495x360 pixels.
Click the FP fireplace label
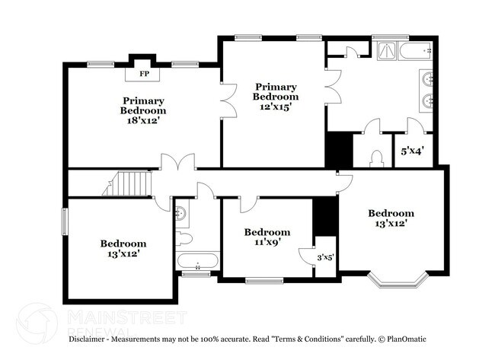[x=144, y=75]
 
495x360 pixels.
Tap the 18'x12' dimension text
[x=143, y=120]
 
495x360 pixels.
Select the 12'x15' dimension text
[x=275, y=107]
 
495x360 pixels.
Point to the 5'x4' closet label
[x=412, y=151]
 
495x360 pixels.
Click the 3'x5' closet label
[x=324, y=257]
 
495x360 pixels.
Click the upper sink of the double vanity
[x=428, y=78]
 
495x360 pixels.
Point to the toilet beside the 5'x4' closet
[x=375, y=158]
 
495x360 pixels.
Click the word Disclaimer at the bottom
[x=91, y=339]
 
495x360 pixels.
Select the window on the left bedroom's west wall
[x=64, y=221]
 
